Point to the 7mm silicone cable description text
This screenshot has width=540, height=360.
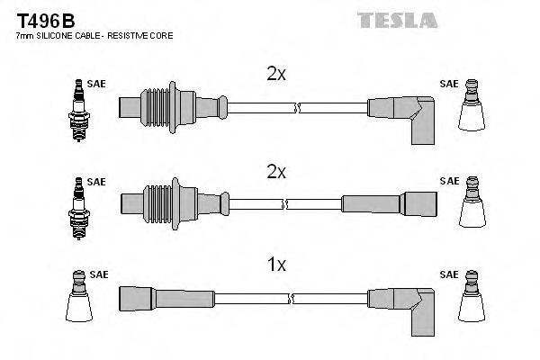pos(94,35)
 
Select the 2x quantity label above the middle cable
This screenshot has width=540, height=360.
pos(276,171)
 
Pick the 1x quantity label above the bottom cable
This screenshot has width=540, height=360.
pos(276,265)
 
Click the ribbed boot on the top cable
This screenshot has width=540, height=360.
pos(162,105)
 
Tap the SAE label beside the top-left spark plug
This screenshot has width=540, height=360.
pos(97,84)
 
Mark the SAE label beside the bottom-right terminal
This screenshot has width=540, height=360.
pos(448,274)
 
